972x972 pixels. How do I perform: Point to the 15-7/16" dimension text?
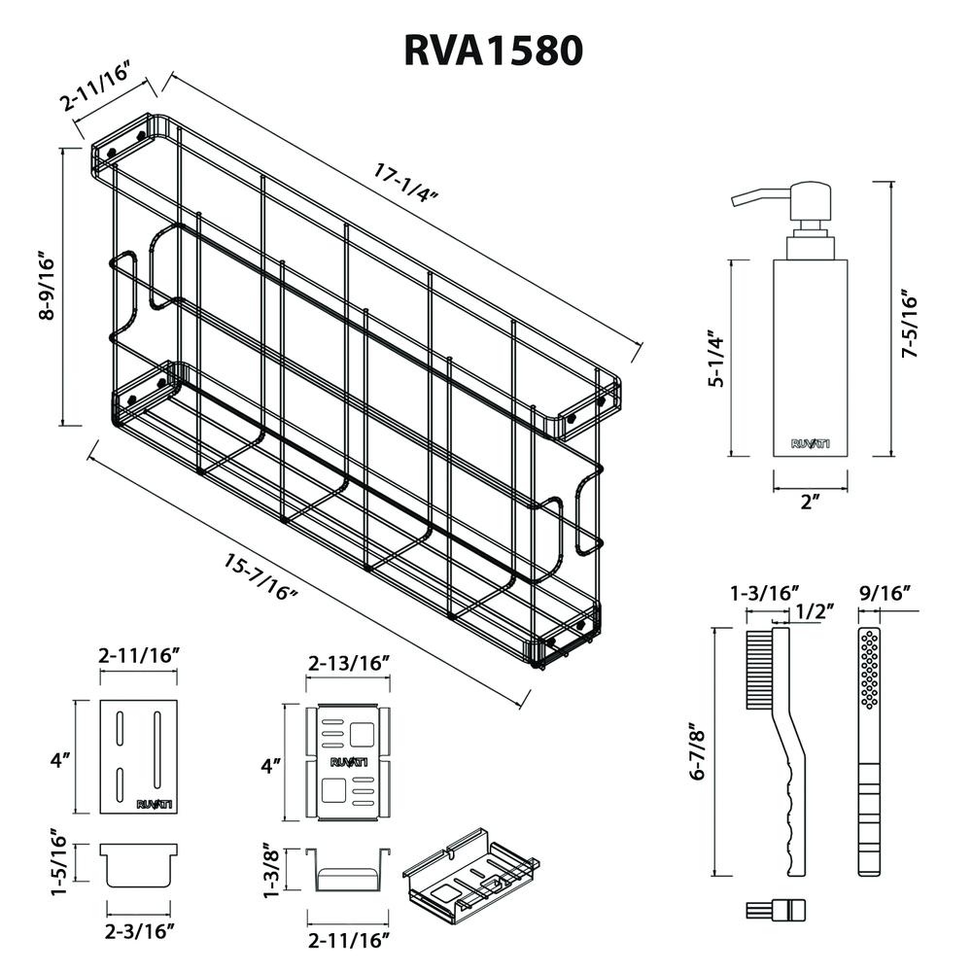260,575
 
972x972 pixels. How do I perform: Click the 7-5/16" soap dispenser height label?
910,324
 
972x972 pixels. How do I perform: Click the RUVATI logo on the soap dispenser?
810,444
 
